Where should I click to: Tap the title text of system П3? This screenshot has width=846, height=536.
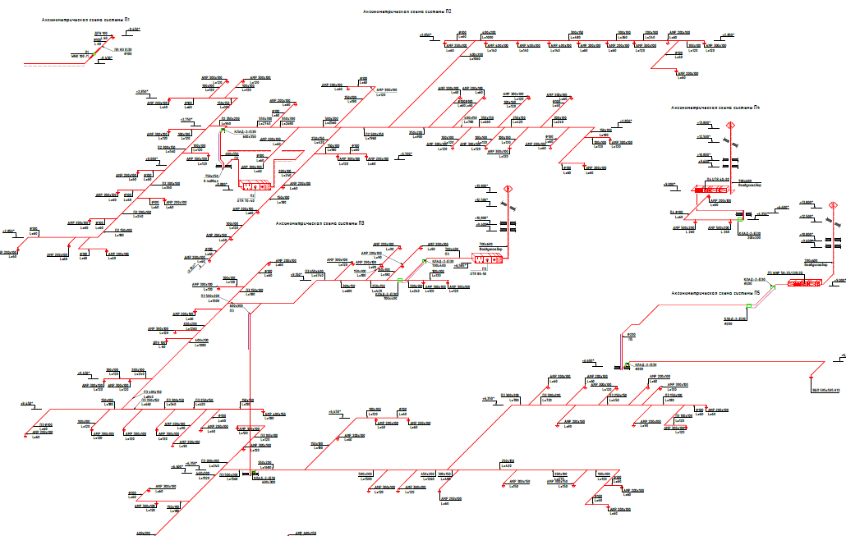click(x=320, y=222)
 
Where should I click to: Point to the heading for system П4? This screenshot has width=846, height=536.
click(x=715, y=108)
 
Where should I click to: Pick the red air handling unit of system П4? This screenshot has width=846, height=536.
click(x=712, y=190)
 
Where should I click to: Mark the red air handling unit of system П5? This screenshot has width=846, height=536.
click(x=805, y=283)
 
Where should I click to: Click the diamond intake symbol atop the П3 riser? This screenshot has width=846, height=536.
click(x=508, y=189)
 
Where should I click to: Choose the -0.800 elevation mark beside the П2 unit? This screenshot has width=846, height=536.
click(x=221, y=185)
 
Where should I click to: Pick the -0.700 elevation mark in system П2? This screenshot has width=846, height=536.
click(x=405, y=153)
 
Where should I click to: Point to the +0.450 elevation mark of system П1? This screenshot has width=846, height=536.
click(x=133, y=30)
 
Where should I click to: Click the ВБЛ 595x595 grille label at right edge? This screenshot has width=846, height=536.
click(x=825, y=391)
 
